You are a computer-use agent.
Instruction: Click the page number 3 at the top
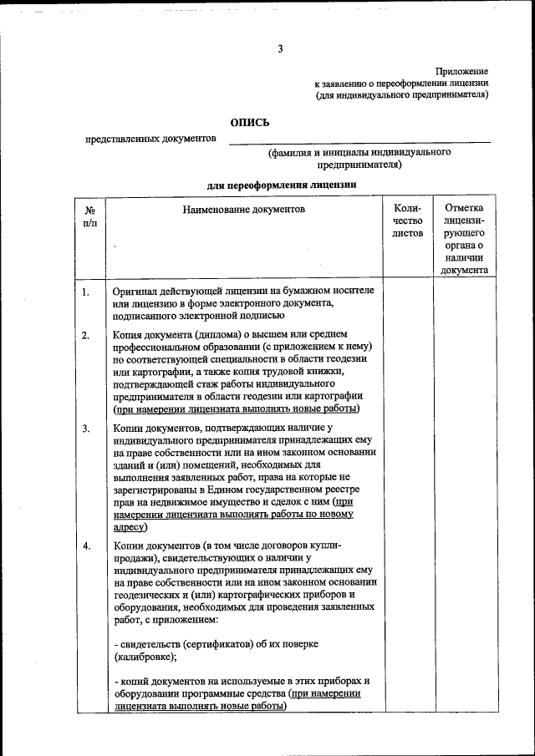coord(281,48)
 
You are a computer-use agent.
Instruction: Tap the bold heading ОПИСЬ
coord(250,122)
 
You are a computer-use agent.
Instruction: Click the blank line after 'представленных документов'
coord(359,140)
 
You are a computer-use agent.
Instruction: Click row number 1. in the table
coord(86,292)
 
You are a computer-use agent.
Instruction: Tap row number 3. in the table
coord(86,429)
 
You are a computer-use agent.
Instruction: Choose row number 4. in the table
coord(86,545)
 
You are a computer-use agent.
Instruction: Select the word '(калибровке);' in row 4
coord(147,657)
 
